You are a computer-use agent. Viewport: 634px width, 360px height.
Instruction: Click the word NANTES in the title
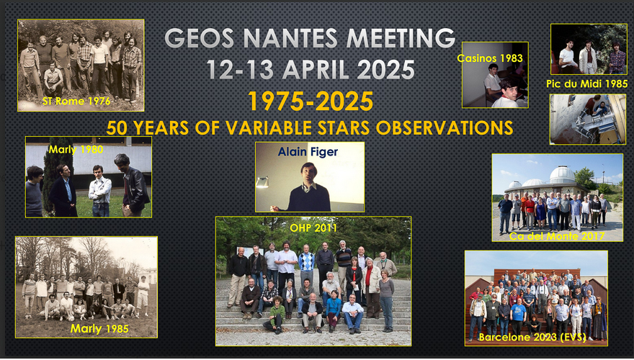point(290,38)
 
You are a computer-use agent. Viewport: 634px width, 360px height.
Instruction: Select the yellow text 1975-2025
point(311,101)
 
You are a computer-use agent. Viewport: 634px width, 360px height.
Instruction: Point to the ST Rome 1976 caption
point(76,101)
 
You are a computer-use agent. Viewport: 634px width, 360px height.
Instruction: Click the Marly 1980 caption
point(76,150)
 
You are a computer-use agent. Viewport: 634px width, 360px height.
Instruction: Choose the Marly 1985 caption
point(99,329)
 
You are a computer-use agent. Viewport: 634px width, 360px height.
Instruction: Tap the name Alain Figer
point(308,152)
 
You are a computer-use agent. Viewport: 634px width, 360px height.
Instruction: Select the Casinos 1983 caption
point(490,58)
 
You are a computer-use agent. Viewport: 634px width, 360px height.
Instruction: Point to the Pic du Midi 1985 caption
point(587,84)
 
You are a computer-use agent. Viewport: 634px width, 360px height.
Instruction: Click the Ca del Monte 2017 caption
point(557,236)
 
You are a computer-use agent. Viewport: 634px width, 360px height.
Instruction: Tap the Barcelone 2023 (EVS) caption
point(532,338)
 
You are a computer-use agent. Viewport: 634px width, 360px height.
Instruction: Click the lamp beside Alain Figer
point(262,182)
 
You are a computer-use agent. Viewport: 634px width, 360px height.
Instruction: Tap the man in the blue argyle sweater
point(306,266)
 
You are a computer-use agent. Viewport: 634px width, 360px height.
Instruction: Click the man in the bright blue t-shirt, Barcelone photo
point(518,315)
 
